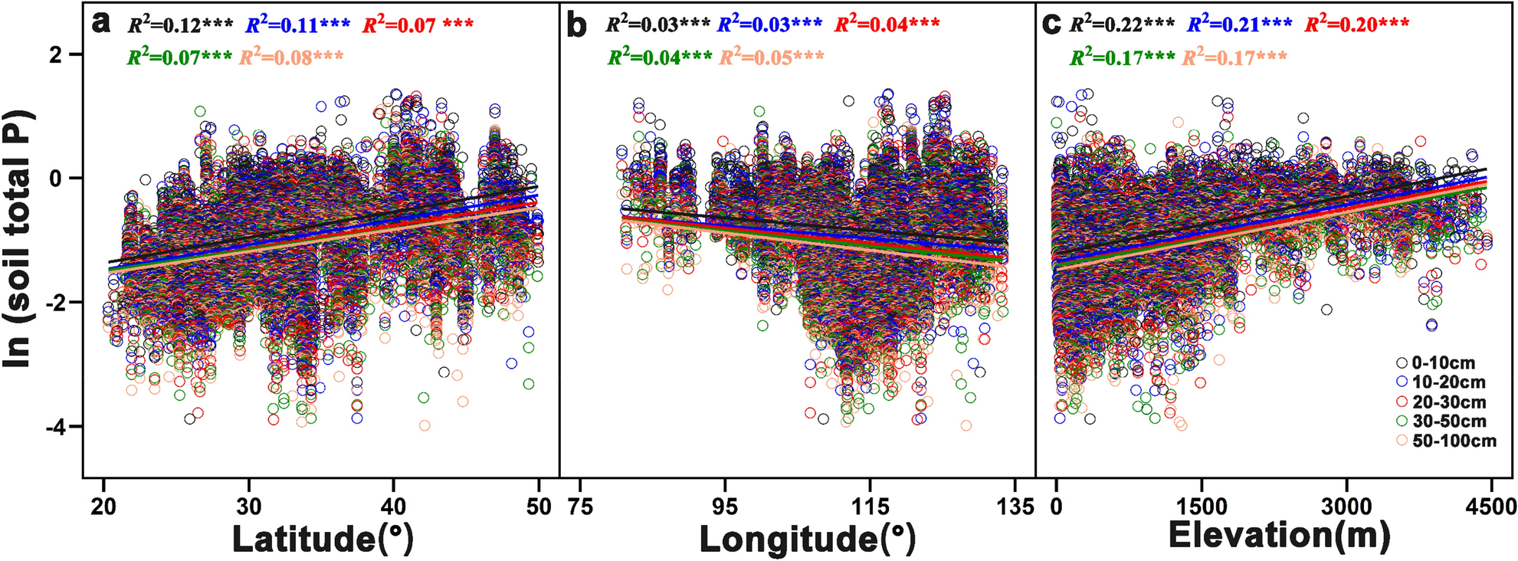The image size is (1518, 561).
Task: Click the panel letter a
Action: click(x=101, y=25)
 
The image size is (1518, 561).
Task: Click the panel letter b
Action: click(x=576, y=25)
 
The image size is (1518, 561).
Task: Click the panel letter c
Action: click(x=1052, y=25)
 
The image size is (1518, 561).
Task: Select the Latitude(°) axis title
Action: click(x=323, y=538)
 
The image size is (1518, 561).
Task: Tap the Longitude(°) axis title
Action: click(x=808, y=538)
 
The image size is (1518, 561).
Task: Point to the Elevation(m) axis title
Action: click(x=1279, y=535)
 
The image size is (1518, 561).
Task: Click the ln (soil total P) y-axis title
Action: click(x=18, y=238)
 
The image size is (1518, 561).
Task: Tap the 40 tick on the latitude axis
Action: click(x=393, y=507)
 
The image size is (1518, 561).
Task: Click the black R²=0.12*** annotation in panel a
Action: click(x=180, y=25)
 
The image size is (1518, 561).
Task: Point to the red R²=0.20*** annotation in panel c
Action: click(x=1357, y=25)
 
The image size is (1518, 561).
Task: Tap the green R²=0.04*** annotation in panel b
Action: click(x=660, y=57)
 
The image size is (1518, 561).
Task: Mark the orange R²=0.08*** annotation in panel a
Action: click(x=292, y=57)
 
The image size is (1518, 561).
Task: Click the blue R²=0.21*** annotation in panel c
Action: click(x=1239, y=25)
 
